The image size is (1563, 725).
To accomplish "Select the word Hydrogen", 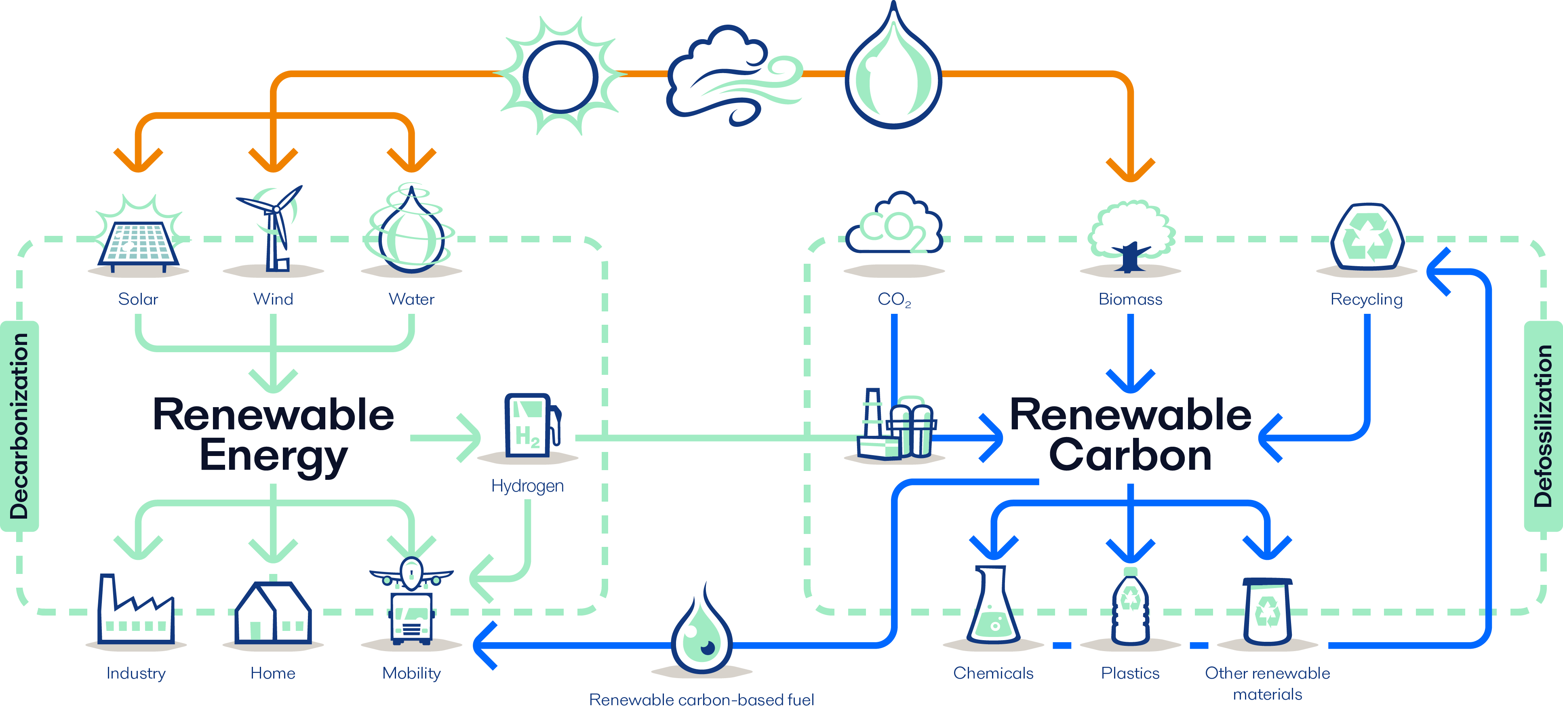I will click(x=527, y=486).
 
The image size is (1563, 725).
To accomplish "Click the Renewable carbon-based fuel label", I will click(x=701, y=700).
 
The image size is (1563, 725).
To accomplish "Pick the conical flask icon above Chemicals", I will click(x=993, y=607).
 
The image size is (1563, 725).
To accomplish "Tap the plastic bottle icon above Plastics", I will click(x=1130, y=607).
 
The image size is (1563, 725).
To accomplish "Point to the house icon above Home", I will click(x=273, y=613).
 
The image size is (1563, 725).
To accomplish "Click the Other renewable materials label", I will click(x=1268, y=683).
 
